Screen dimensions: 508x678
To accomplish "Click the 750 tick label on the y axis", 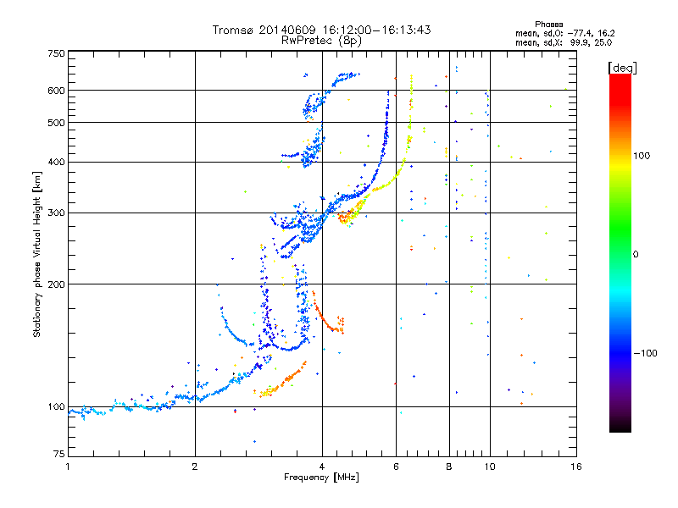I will click(56, 52).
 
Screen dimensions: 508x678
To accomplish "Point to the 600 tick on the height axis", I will click(56, 90).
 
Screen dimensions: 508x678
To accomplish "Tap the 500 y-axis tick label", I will click(56, 122).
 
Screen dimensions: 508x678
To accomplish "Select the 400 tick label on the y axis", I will click(56, 162).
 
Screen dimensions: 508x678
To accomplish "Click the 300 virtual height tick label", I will click(56, 213).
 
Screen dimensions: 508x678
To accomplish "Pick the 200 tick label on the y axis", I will click(56, 284).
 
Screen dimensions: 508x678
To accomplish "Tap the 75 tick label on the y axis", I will click(58, 456).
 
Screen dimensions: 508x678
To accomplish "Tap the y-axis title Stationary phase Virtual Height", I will click(37, 254).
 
